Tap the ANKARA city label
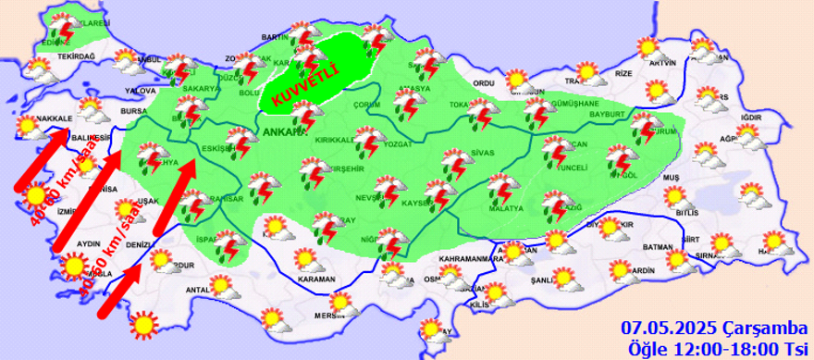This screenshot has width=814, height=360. pos(282,131)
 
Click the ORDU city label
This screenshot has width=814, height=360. pos(484,83)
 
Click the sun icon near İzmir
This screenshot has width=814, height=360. pos(35,196)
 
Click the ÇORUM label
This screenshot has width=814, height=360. pos(367,106)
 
